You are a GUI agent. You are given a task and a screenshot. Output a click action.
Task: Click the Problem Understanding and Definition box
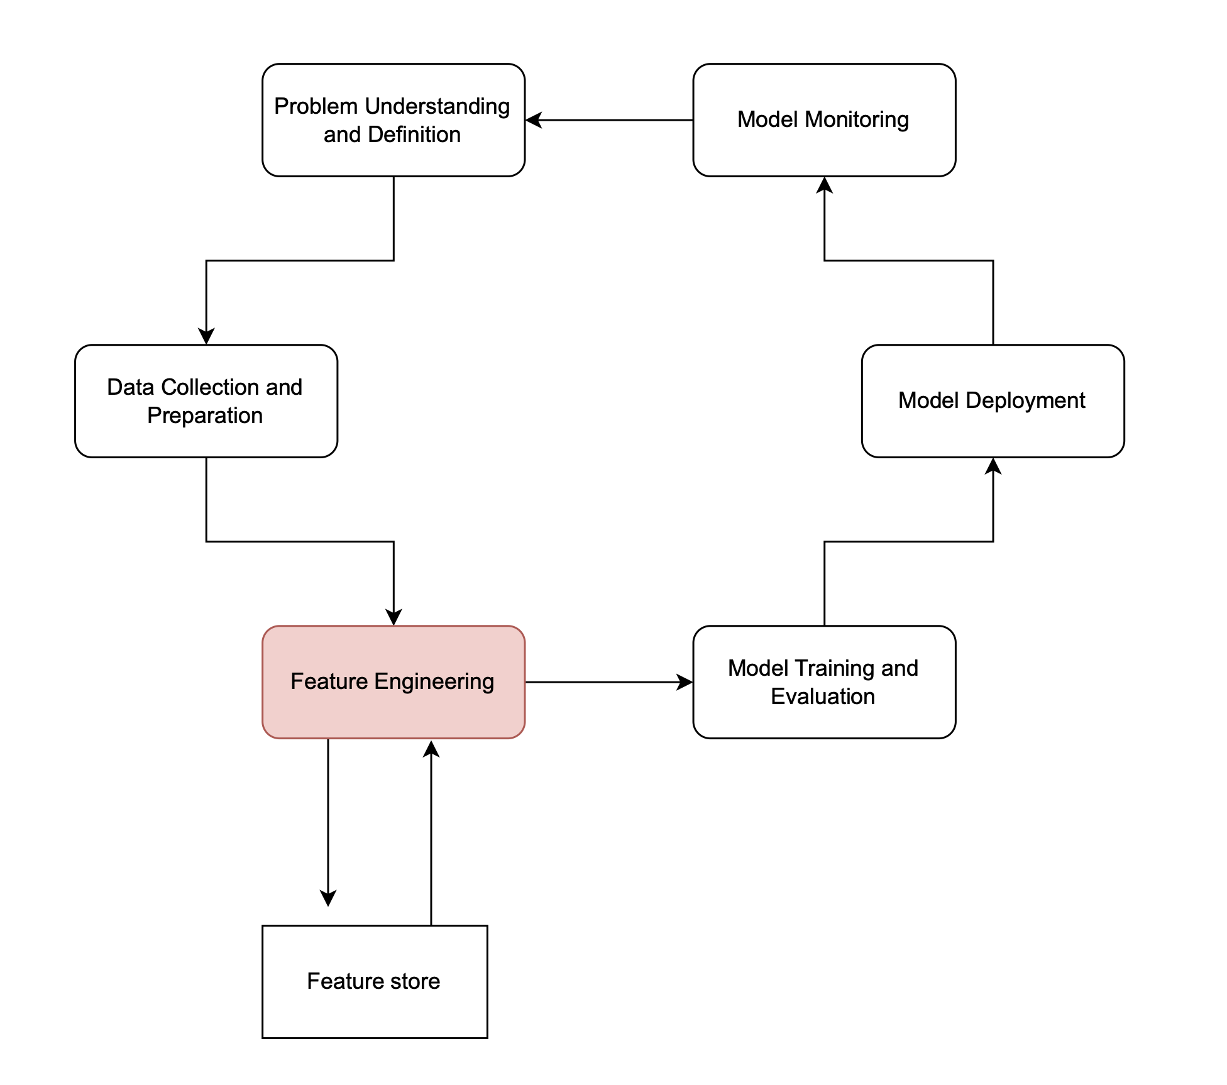pyautogui.click(x=393, y=120)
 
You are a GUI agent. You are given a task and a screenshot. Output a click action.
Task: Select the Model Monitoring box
pyautogui.click(x=824, y=120)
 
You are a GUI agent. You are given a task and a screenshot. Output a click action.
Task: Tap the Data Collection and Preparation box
pyautogui.click(x=206, y=401)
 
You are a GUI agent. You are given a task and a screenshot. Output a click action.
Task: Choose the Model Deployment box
pyautogui.click(x=993, y=401)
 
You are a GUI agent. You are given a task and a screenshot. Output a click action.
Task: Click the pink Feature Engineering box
pyautogui.click(x=393, y=682)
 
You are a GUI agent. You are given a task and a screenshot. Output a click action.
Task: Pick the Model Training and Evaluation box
pyautogui.click(x=824, y=682)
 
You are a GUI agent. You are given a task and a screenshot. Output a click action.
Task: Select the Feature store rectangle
pyautogui.click(x=375, y=981)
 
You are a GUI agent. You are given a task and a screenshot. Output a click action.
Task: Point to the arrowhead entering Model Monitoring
pyautogui.click(x=824, y=185)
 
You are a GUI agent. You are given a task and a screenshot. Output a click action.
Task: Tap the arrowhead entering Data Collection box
pyautogui.click(x=206, y=336)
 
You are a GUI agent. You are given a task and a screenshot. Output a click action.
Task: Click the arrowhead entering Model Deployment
pyautogui.click(x=993, y=466)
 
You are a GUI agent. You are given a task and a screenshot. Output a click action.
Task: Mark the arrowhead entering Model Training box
pyautogui.click(x=684, y=682)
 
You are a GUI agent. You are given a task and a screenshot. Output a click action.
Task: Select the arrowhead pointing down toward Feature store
pyautogui.click(x=328, y=898)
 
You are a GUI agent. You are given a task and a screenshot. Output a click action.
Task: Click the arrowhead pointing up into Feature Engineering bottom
pyautogui.click(x=431, y=749)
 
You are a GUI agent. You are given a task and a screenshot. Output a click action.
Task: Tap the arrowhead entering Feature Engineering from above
pyautogui.click(x=393, y=617)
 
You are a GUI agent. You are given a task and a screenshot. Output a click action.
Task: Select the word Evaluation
pyautogui.click(x=823, y=697)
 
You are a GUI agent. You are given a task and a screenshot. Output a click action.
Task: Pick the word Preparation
pyautogui.click(x=205, y=416)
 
